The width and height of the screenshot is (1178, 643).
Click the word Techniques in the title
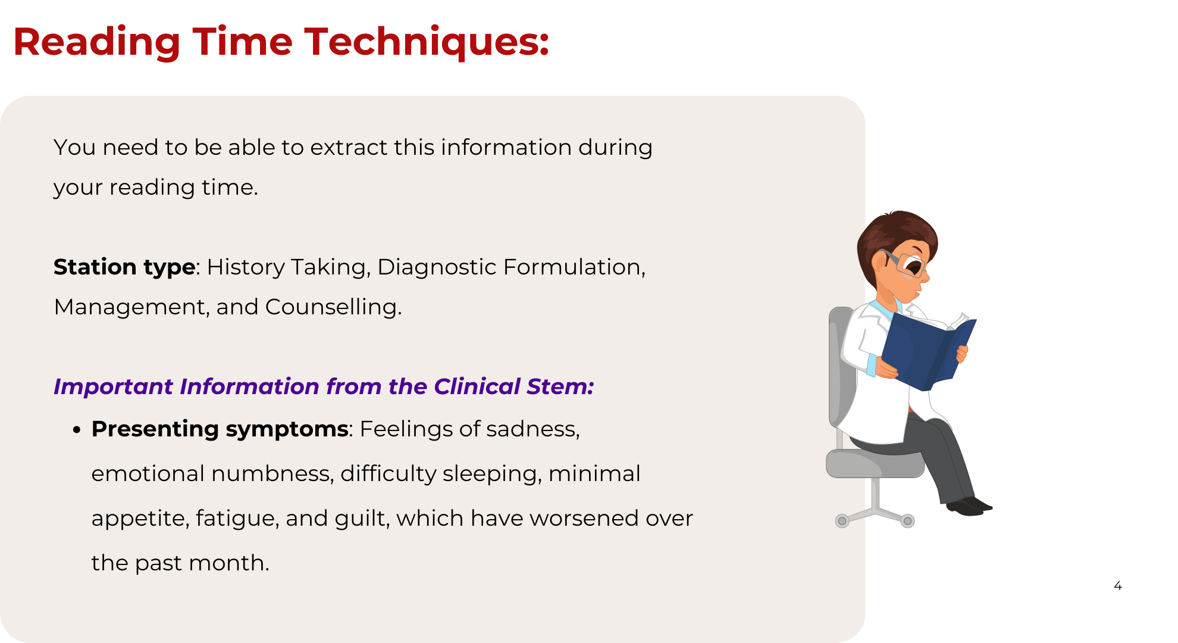click(427, 43)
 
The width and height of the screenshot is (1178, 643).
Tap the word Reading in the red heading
click(96, 43)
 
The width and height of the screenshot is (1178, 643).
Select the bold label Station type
click(124, 267)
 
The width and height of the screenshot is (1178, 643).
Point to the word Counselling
click(333, 307)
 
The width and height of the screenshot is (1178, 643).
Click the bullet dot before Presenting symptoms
click(76, 430)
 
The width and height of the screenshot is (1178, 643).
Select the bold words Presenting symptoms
click(220, 429)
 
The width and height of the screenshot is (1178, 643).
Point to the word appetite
click(140, 519)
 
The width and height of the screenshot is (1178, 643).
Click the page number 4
click(1118, 586)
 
